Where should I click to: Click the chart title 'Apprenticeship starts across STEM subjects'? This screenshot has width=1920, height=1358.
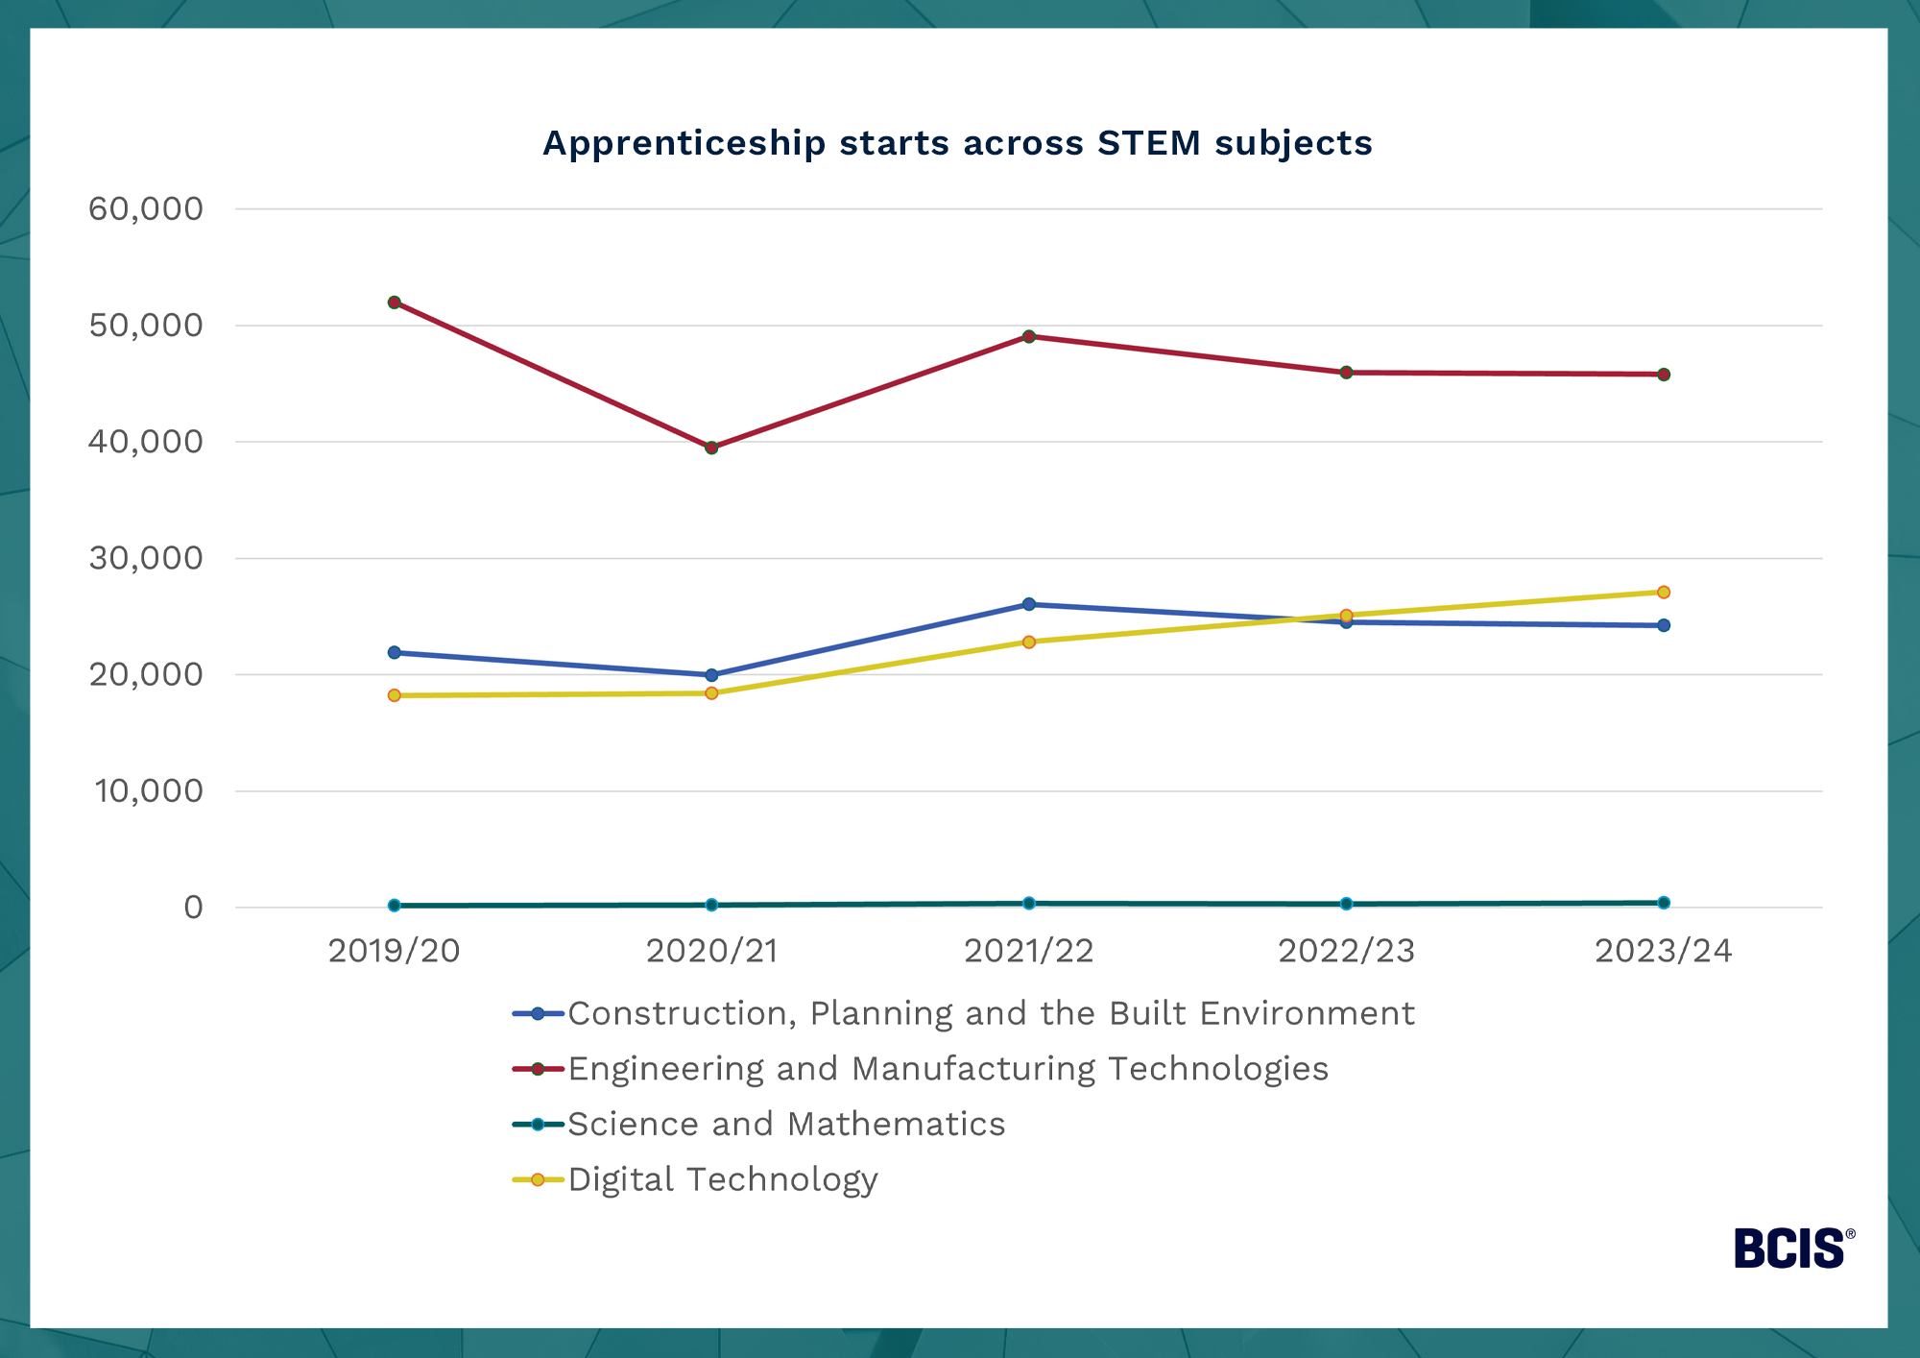[957, 143]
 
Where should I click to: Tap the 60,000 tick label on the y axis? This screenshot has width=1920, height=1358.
[146, 208]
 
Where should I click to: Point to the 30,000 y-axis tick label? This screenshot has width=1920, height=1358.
[146, 558]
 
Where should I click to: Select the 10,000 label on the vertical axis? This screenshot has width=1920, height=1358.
[149, 791]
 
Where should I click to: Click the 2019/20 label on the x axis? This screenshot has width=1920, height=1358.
[394, 951]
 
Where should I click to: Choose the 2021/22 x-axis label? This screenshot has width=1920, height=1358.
[1028, 951]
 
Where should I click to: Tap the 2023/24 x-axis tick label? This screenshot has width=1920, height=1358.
[1663, 951]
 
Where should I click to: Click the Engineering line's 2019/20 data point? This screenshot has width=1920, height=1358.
[394, 303]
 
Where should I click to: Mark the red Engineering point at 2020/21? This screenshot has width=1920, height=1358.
[711, 448]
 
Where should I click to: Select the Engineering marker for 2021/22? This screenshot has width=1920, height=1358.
[1028, 336]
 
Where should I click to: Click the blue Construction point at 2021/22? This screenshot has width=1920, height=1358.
[1028, 604]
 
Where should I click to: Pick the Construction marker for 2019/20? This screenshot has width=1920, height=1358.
[394, 653]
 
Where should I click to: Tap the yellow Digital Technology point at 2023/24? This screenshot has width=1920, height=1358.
[1663, 593]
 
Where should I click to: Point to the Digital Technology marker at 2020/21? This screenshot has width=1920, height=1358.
[711, 693]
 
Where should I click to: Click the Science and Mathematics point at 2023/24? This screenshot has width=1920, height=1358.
[1663, 903]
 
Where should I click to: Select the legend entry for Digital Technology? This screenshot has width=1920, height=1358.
[722, 1179]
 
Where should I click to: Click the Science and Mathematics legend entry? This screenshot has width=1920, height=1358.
[785, 1125]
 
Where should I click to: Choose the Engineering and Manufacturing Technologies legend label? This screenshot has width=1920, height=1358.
[948, 1069]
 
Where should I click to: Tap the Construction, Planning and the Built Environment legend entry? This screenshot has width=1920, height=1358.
[991, 1013]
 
